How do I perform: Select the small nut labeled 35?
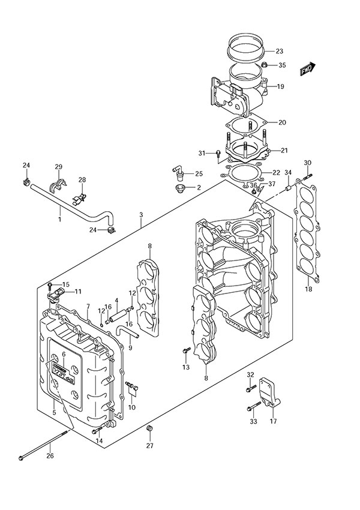pos(265,65)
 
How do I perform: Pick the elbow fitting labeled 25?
pos(178,175)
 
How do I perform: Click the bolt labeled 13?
pos(184,350)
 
